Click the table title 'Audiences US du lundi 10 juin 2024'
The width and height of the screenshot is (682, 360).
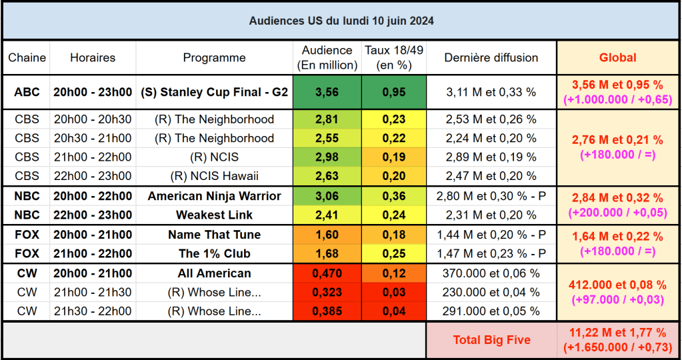pyautogui.click(x=341, y=21)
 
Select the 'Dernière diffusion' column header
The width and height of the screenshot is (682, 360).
pyautogui.click(x=491, y=57)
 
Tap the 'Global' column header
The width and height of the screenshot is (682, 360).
pyautogui.click(x=618, y=57)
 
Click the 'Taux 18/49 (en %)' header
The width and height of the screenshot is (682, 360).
pyautogui.click(x=393, y=58)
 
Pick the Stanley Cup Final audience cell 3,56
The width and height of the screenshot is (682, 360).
pyautogui.click(x=327, y=92)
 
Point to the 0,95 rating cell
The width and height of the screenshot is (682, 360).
pyautogui.click(x=393, y=92)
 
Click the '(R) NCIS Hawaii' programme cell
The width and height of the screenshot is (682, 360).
pyautogui.click(x=214, y=176)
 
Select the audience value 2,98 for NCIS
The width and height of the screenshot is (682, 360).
pyautogui.click(x=327, y=157)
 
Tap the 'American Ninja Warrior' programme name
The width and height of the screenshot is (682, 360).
pyautogui.click(x=214, y=196)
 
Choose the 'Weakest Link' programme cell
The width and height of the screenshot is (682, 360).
pyautogui.click(x=214, y=215)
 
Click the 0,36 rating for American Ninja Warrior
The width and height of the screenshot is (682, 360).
pyautogui.click(x=393, y=196)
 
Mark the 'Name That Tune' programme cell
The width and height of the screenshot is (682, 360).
pyautogui.click(x=214, y=235)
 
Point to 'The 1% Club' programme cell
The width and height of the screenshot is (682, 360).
pyautogui.click(x=214, y=253)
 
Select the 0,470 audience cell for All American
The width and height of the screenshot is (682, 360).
pyautogui.click(x=327, y=273)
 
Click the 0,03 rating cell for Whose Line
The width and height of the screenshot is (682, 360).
pyautogui.click(x=393, y=292)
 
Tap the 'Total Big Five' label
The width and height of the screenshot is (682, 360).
pyautogui.click(x=491, y=340)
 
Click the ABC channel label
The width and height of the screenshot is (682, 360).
pyautogui.click(x=27, y=92)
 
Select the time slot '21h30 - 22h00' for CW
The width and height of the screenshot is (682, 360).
pyautogui.click(x=93, y=311)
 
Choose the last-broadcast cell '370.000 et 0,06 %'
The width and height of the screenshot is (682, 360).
pyautogui.click(x=491, y=273)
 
